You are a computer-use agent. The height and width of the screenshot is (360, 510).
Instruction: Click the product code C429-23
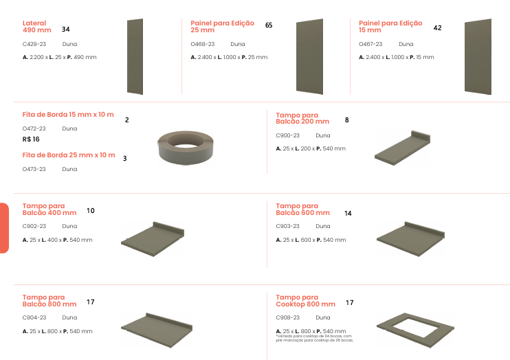34,44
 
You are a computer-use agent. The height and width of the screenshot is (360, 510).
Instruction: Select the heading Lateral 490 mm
36,27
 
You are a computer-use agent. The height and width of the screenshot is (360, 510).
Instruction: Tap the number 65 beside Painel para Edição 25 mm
269,25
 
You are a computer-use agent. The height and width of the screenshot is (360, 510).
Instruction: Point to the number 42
437,28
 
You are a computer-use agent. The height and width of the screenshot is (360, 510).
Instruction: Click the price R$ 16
31,139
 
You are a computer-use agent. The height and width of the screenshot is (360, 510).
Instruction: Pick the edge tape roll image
186,148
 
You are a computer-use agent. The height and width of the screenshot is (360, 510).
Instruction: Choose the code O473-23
34,169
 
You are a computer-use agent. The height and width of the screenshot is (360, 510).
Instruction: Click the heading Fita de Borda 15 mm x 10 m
68,115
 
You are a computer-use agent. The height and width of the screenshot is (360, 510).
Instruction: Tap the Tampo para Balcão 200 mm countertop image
402,148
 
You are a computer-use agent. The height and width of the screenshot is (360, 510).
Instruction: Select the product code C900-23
287,135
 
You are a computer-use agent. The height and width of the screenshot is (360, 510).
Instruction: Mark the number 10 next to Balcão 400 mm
91,211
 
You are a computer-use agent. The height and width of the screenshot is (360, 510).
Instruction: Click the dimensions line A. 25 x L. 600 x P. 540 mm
311,240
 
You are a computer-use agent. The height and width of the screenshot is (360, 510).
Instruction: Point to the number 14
348,214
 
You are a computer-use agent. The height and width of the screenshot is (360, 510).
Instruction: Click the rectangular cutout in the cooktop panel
414,328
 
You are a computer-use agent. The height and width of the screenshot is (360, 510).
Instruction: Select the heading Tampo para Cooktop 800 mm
305,301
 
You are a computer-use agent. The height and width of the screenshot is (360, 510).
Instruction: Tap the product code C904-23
34,317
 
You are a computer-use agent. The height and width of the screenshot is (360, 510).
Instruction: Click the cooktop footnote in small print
314,338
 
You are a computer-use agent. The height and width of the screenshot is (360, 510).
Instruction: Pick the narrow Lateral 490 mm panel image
135,56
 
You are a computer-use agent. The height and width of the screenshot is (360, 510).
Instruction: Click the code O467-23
370,44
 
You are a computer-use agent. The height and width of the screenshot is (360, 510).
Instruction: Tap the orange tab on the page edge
4,228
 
